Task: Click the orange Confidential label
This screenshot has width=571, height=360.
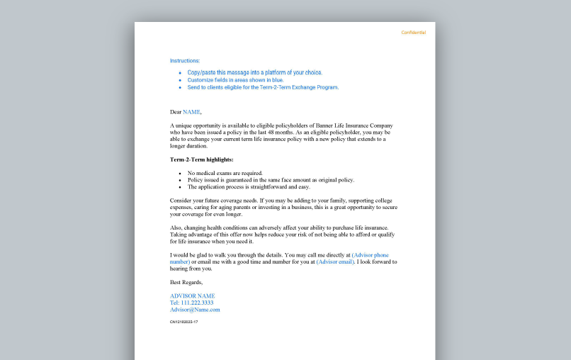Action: (x=413, y=33)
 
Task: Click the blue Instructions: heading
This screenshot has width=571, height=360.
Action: (x=185, y=61)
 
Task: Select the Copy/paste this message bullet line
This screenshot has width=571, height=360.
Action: (x=254, y=72)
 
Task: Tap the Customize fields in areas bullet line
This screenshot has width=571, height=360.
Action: (x=235, y=80)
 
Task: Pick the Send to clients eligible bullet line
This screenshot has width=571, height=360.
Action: (x=263, y=88)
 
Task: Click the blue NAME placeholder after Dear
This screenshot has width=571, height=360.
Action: (x=191, y=112)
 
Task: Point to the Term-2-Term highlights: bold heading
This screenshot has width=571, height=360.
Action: (x=201, y=159)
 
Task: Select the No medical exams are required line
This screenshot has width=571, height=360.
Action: (x=225, y=173)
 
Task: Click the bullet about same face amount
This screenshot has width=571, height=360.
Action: (x=271, y=180)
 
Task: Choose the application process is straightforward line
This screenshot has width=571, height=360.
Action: (x=249, y=187)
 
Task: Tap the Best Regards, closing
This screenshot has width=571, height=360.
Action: (x=186, y=282)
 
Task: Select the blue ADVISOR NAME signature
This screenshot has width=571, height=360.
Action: (x=192, y=296)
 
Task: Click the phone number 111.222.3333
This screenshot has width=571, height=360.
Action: (x=197, y=303)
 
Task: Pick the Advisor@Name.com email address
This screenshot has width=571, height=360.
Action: (x=195, y=310)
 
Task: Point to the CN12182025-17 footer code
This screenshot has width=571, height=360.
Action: (x=183, y=322)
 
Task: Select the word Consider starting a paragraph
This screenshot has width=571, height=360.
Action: (x=182, y=201)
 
